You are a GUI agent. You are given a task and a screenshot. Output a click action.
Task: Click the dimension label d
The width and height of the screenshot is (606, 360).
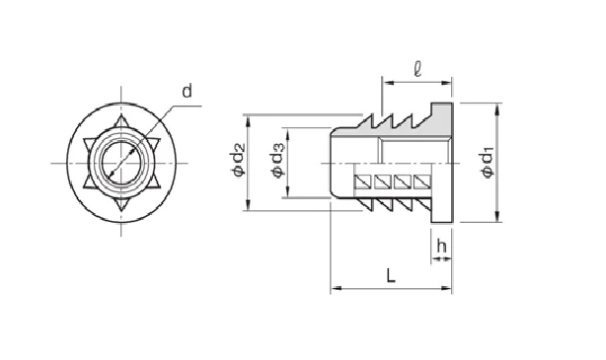click(187, 92)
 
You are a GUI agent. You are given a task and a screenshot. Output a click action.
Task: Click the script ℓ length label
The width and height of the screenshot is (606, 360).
click(417, 69)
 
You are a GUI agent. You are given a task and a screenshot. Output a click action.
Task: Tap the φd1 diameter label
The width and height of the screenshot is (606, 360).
click(487, 162)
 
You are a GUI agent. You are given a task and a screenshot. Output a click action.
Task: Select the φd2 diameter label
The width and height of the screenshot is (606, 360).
click(238, 159)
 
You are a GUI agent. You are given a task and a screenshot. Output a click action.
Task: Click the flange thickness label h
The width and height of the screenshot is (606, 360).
click(441, 246)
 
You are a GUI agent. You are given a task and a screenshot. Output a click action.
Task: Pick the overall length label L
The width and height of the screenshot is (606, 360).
click(391, 275)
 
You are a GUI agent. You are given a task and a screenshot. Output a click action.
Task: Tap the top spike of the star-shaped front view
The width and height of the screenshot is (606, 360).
click(121, 120)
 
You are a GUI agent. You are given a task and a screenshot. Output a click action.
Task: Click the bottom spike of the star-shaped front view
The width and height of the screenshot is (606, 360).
click(121, 205)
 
